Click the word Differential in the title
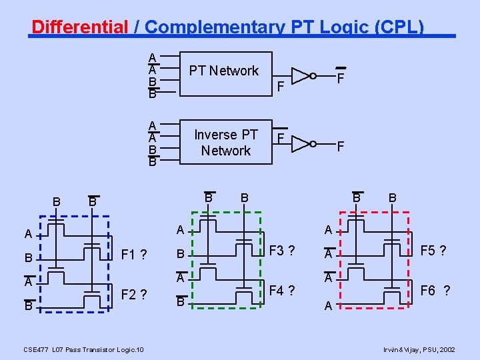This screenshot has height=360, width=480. (79, 27)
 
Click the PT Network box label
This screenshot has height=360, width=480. (224, 71)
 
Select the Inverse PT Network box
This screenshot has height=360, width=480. (226, 143)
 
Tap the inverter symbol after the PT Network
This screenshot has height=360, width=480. (301, 75)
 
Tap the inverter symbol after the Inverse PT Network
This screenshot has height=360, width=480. (301, 143)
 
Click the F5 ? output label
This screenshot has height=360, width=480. (433, 251)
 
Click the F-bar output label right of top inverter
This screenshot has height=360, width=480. (340, 77)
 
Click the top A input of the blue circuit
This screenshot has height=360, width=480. (28, 234)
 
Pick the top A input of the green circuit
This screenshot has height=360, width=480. (180, 230)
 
